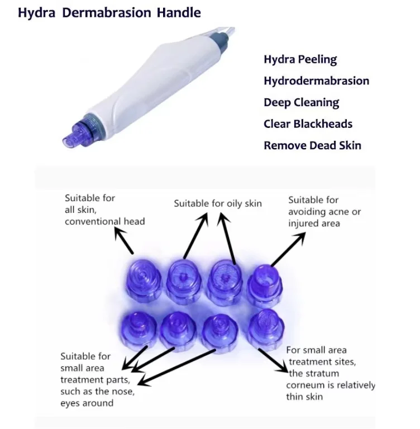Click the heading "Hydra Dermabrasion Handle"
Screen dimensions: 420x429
coord(109,12)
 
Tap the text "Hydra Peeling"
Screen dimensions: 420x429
coord(300,59)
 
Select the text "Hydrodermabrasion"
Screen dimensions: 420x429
coord(316,81)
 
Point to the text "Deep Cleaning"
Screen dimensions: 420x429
coord(301,103)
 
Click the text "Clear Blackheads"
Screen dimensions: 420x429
coord(308,124)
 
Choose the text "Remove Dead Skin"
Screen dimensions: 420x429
coord(312,146)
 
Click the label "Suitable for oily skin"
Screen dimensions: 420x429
coord(217,203)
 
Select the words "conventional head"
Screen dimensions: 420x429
coord(104,221)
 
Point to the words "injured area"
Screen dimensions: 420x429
coord(314,223)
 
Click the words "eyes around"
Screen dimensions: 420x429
coord(88,402)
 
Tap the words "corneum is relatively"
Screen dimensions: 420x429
coord(331,385)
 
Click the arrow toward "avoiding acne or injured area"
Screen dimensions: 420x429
coord(288,249)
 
